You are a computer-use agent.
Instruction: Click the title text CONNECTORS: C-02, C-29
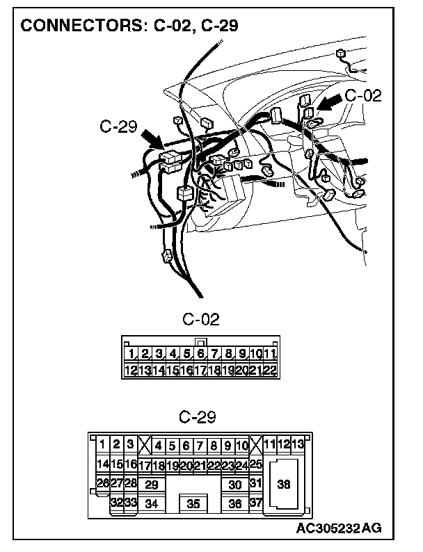(130, 26)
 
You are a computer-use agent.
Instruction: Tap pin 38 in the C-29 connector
(284, 485)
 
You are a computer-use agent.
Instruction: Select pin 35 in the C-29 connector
(194, 504)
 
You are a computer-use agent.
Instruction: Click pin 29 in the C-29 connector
(151, 485)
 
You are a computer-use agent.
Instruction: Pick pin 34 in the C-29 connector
(151, 504)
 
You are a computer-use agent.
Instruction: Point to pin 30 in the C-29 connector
(235, 485)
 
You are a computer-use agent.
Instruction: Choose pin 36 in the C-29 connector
(235, 504)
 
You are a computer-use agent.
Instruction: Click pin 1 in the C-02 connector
(132, 354)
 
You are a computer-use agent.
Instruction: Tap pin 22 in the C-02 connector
(271, 370)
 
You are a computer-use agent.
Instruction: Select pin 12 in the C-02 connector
(130, 370)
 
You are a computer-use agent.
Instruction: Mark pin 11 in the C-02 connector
(271, 354)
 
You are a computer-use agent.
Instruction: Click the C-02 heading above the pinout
(200, 320)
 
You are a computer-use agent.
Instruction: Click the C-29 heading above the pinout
(198, 418)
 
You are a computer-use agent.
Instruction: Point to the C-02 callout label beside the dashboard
(363, 96)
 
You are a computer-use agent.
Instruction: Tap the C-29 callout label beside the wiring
(119, 127)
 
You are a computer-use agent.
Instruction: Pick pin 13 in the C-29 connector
(298, 444)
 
